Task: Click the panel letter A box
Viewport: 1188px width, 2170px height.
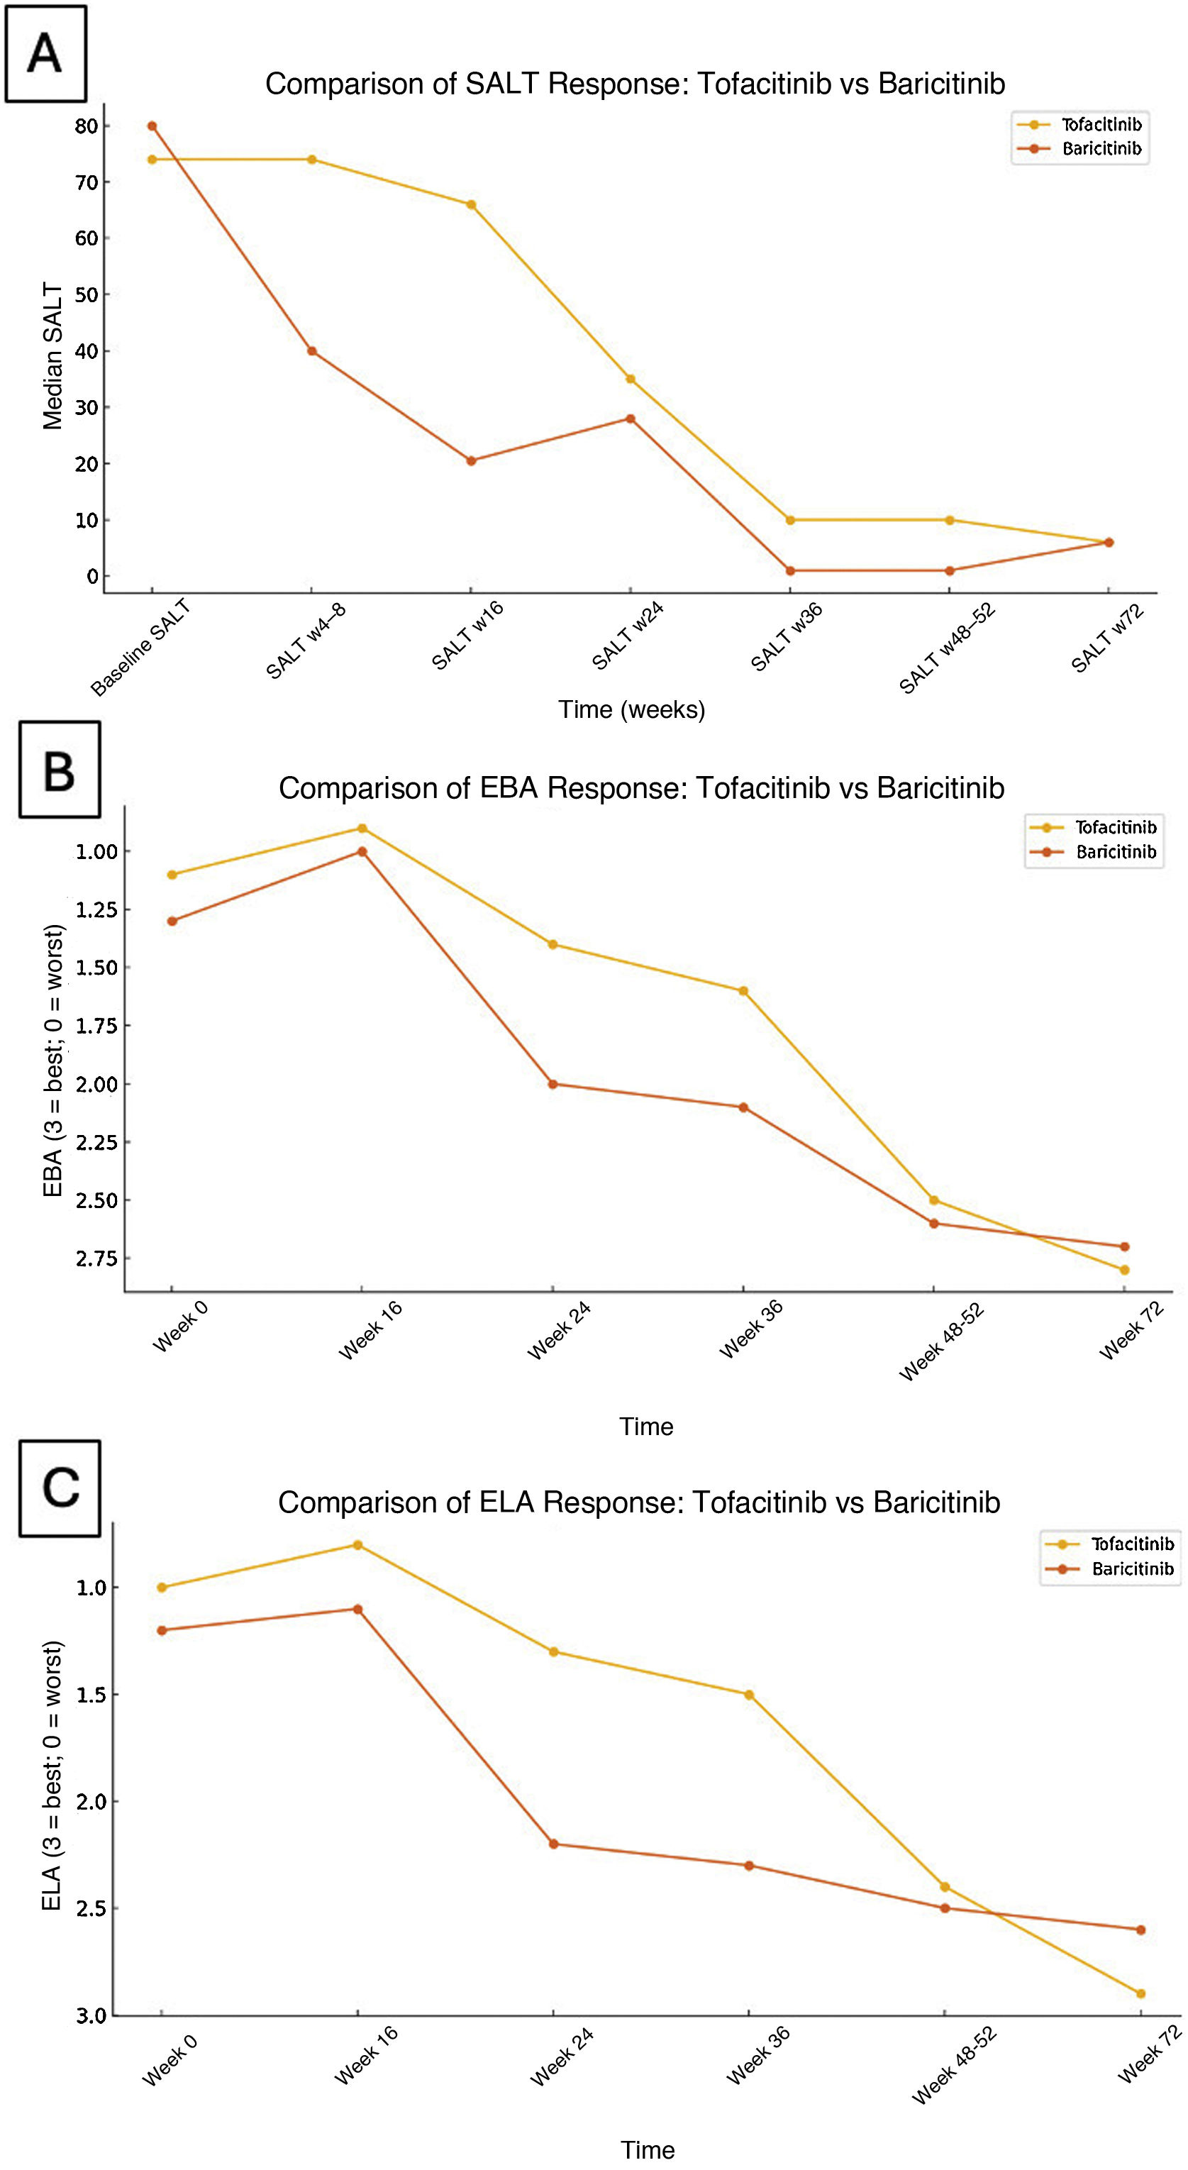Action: point(45,54)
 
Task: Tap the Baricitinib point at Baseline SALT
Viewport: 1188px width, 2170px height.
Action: point(152,126)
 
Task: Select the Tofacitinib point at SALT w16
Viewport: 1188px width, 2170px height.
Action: point(472,205)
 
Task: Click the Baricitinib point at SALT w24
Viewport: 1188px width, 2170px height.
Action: point(631,419)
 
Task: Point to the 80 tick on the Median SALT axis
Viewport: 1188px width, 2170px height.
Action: point(87,126)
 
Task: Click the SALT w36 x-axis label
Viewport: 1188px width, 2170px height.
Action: point(786,637)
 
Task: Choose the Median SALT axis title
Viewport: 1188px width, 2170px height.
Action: point(53,356)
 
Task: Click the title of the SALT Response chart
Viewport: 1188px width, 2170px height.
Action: point(635,84)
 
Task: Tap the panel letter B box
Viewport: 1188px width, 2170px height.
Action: point(59,769)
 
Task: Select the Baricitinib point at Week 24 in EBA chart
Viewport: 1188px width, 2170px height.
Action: point(553,1084)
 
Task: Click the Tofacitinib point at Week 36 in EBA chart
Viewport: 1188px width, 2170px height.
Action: point(743,990)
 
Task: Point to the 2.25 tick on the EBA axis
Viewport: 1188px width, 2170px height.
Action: point(96,1142)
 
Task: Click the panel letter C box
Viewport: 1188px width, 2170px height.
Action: point(60,1488)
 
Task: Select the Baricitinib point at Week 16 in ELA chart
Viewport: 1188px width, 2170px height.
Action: point(358,1609)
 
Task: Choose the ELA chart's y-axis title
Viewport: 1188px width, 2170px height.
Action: point(53,1775)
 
